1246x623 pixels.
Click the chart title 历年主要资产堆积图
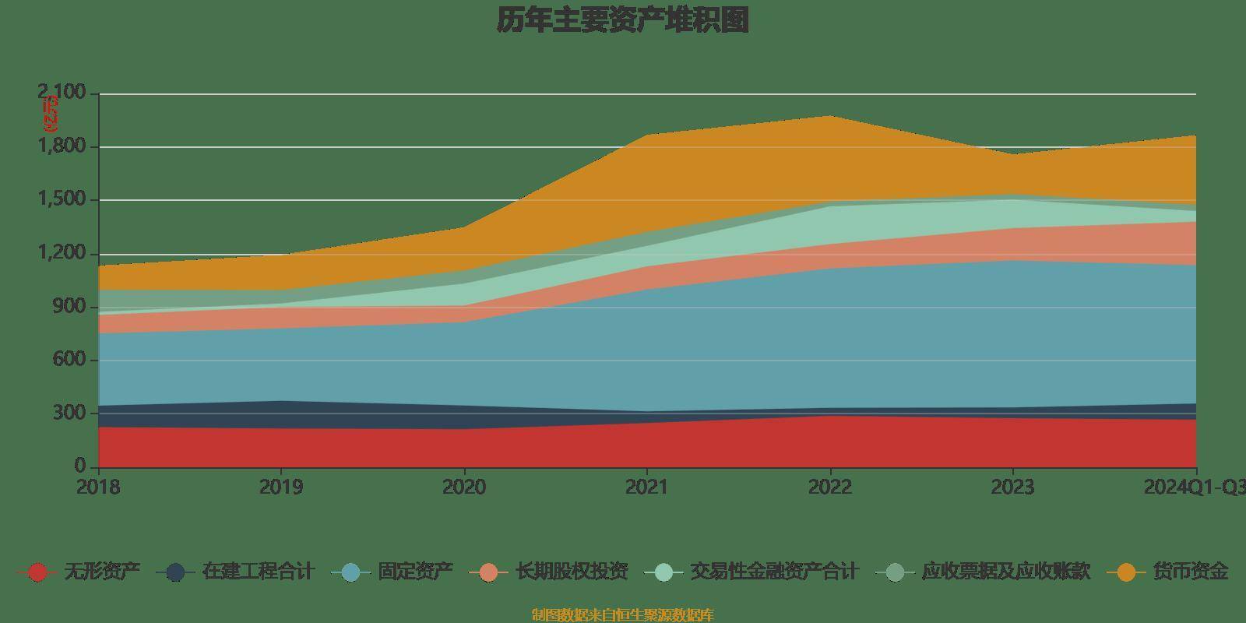(623, 20)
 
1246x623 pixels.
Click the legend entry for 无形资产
(101, 572)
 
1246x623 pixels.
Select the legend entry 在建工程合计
(257, 572)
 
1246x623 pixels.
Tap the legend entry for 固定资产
(415, 572)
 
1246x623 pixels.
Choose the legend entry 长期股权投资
(572, 572)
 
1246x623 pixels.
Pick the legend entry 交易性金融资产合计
(774, 572)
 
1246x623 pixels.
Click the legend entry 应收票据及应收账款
(1005, 572)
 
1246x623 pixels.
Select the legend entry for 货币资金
(1190, 572)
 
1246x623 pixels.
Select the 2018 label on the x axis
(98, 487)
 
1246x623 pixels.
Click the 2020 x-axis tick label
(464, 487)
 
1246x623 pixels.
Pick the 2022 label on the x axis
(830, 487)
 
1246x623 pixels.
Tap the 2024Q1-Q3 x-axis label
(1193, 487)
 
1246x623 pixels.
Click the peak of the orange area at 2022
(830, 117)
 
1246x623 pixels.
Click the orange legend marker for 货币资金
(1126, 572)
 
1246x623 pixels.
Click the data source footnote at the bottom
(622, 615)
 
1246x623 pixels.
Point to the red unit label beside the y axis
(50, 114)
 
